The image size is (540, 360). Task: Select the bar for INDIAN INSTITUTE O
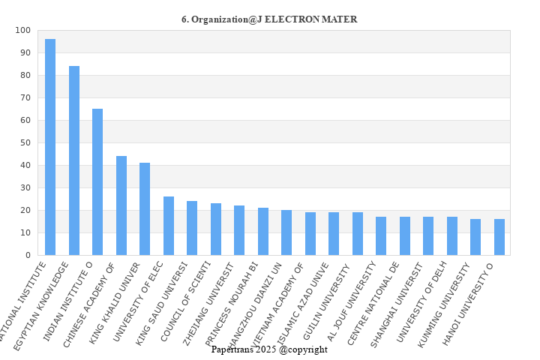(x=97, y=182)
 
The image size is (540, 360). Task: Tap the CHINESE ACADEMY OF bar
(x=121, y=205)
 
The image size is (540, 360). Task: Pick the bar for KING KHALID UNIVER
(x=145, y=209)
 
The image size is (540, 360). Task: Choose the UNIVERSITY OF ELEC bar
(x=169, y=226)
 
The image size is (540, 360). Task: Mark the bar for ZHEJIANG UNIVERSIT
(x=239, y=230)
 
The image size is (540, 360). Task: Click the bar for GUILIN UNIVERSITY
(x=358, y=234)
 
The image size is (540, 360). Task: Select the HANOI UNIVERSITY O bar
(x=499, y=237)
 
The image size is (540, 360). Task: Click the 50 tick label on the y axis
(x=25, y=143)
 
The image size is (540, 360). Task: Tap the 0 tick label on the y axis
(x=28, y=256)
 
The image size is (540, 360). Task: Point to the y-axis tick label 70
(x=25, y=98)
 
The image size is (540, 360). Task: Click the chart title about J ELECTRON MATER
(x=269, y=19)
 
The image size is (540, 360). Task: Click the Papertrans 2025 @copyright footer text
(x=269, y=349)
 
